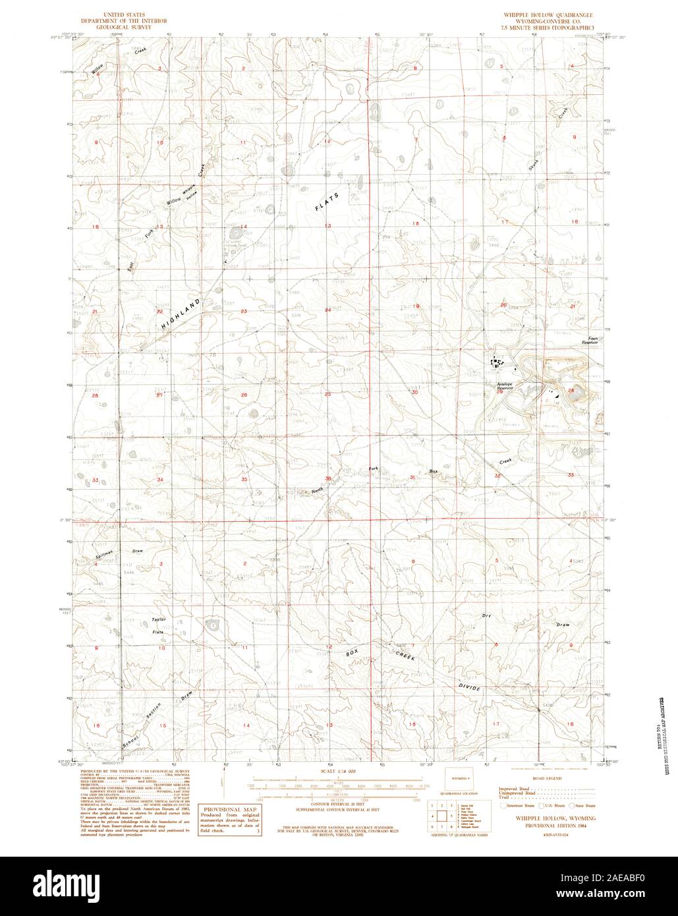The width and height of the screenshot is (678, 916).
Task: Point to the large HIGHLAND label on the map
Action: (x=180, y=314)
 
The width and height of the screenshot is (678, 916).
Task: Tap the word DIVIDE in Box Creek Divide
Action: (x=470, y=686)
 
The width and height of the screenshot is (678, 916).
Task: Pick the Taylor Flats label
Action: (x=158, y=625)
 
